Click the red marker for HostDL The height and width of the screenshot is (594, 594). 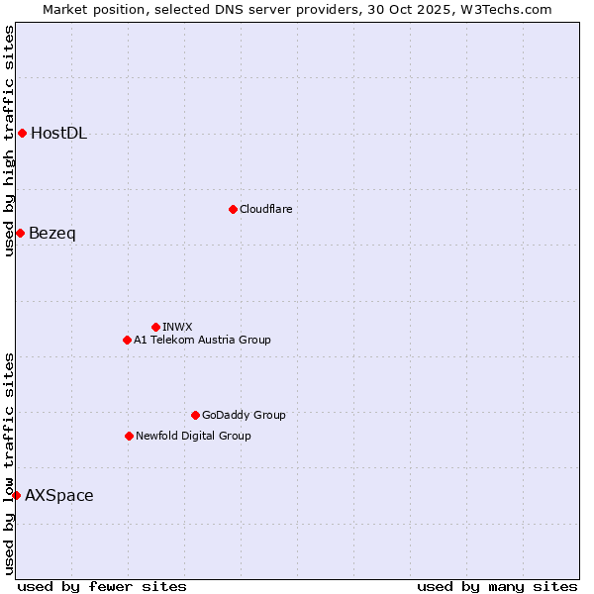coord(22,133)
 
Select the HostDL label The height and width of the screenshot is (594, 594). coord(58,134)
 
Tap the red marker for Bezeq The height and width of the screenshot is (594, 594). coord(20,233)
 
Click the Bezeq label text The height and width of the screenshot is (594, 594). coord(51,234)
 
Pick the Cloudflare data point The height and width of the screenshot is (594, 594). coord(233,209)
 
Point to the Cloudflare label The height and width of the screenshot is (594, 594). coord(265,209)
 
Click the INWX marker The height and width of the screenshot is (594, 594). coord(155,327)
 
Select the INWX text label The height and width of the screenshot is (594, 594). coord(177,327)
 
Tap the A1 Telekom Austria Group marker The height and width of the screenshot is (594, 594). coord(127,340)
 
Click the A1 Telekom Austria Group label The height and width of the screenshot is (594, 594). coord(202,340)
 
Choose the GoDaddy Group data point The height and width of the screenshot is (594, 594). coord(195,415)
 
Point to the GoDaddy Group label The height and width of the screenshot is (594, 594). coord(244,415)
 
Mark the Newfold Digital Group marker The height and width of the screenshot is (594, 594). coord(129,436)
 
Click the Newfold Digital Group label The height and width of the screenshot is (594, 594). coord(193,436)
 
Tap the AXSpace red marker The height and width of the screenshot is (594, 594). coord(16,495)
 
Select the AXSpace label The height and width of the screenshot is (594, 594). coord(59,496)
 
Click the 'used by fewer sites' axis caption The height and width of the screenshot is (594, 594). coord(102,586)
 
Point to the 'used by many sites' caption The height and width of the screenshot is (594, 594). coord(497,586)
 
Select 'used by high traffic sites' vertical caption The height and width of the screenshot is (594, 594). coord(9,141)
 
